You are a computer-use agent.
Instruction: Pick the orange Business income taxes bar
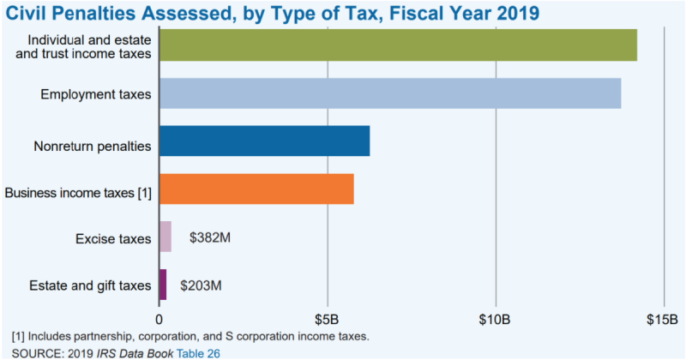click(x=256, y=189)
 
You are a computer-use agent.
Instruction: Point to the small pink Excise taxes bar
click(x=165, y=237)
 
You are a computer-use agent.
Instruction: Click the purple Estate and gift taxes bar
click(x=163, y=284)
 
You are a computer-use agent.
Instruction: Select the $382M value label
click(x=210, y=237)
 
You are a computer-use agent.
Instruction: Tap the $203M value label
click(x=201, y=284)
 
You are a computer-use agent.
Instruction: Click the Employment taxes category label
click(x=96, y=93)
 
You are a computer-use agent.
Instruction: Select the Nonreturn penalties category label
click(x=93, y=146)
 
